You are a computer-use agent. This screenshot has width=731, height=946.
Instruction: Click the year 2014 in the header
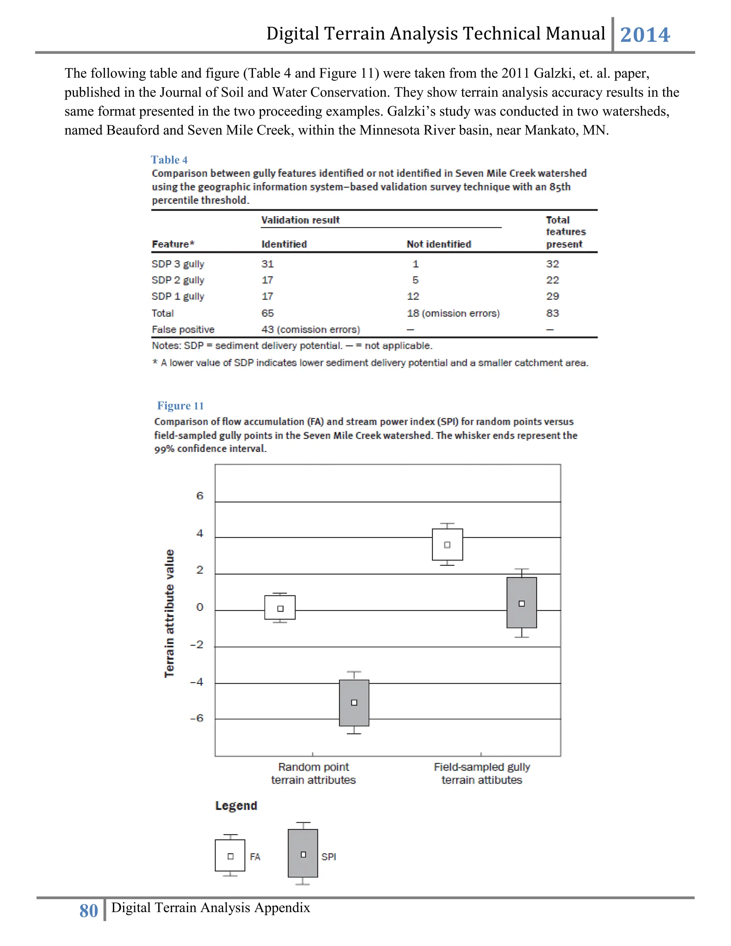click(645, 35)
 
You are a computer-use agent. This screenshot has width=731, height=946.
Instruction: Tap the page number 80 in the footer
click(89, 911)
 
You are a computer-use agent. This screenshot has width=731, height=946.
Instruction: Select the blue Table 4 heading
click(169, 160)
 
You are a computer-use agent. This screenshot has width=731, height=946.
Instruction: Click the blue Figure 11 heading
click(180, 406)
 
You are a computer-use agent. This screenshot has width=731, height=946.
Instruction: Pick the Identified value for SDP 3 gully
click(268, 264)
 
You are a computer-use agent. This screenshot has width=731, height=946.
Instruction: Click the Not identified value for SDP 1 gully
click(413, 296)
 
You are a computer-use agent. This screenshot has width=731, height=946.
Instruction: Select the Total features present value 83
click(552, 313)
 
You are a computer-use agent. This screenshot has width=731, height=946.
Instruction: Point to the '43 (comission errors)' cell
click(311, 329)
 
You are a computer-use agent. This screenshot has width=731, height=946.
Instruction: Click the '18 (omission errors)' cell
click(453, 313)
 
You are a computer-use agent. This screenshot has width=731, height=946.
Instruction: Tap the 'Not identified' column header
click(439, 244)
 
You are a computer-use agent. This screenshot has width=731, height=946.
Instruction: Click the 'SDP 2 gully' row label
click(178, 280)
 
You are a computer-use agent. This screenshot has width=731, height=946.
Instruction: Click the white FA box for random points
click(280, 607)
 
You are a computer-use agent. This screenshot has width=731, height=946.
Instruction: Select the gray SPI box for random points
click(354, 703)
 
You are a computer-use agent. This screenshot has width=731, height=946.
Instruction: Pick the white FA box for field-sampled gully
click(447, 544)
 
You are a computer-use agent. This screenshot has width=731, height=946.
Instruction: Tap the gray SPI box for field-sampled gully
click(521, 603)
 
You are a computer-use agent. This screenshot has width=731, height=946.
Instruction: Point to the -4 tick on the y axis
click(197, 682)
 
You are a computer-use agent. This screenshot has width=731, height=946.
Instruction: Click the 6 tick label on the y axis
click(200, 495)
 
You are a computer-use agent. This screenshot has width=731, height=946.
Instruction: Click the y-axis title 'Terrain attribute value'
click(169, 613)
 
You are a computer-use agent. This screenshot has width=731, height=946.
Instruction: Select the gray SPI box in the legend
click(303, 853)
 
